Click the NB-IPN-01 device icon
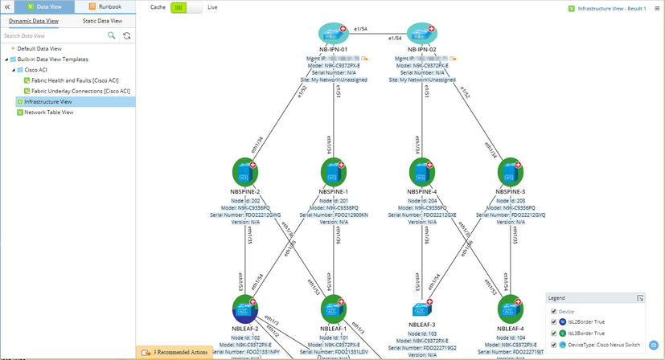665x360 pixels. pos(332,33)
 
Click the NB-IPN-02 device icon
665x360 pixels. pos(421,33)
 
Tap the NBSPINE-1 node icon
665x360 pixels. pos(333,171)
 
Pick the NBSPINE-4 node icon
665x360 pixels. pos(421,171)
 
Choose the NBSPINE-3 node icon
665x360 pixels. pos(510,171)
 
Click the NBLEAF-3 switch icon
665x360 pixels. pos(421,309)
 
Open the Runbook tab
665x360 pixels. pos(105,6)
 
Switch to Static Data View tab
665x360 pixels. pos(103,21)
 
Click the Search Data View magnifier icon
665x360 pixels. pos(112,36)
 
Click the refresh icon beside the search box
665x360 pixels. pos(127,36)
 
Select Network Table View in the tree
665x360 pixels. pos(49,112)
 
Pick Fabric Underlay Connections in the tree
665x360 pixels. pos(80,91)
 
